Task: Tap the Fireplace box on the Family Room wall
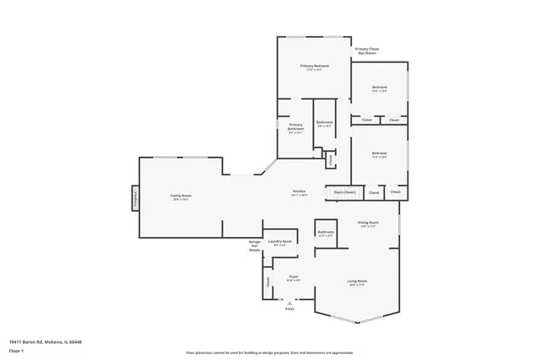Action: pyautogui.click(x=133, y=198)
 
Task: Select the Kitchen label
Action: pyautogui.click(x=299, y=191)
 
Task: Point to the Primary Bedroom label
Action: pyautogui.click(x=314, y=66)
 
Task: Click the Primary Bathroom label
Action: pyautogui.click(x=294, y=127)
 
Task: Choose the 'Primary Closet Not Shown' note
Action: pyautogui.click(x=366, y=51)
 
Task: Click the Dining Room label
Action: pyautogui.click(x=369, y=223)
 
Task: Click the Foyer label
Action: pyautogui.click(x=294, y=277)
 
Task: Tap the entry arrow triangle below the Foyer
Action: pyautogui.click(x=290, y=300)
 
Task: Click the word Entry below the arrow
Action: pyautogui.click(x=290, y=309)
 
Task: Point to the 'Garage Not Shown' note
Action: pyautogui.click(x=254, y=246)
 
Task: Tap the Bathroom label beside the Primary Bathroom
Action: pyautogui.click(x=325, y=123)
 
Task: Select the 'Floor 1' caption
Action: pyautogui.click(x=16, y=350)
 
